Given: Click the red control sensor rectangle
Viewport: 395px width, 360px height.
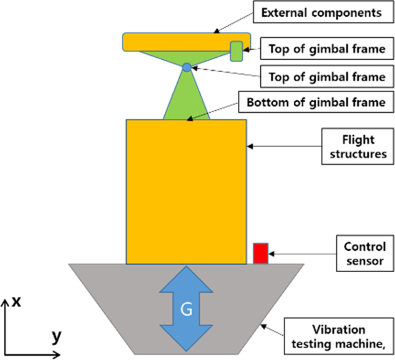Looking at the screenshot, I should pyautogui.click(x=261, y=253).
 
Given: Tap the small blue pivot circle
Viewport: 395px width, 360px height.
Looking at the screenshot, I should pyautogui.click(x=186, y=67).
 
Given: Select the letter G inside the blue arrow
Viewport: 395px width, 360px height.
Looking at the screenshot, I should pyautogui.click(x=186, y=310).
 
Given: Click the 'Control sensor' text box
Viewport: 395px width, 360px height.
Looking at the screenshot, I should pyautogui.click(x=364, y=253).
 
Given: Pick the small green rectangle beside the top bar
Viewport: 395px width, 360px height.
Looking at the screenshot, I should pyautogui.click(x=237, y=51).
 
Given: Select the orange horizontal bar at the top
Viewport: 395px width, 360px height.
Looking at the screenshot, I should pyautogui.click(x=178, y=42).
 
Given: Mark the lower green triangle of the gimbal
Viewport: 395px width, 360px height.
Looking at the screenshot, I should pyautogui.click(x=186, y=99).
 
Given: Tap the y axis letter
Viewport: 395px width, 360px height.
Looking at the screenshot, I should pyautogui.click(x=57, y=336).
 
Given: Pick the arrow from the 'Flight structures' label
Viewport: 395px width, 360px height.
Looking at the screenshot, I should pyautogui.click(x=284, y=146).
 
